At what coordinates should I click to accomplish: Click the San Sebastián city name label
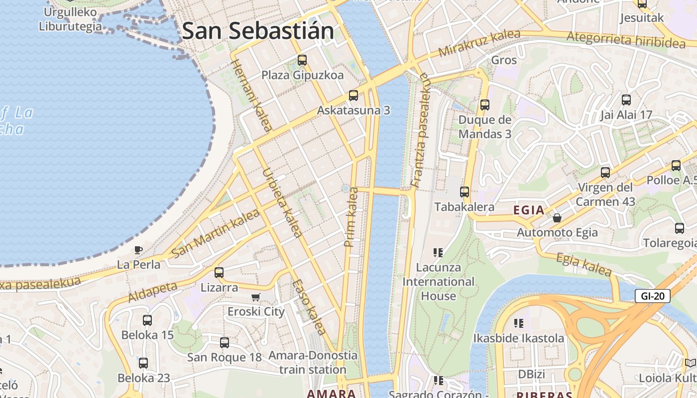pos(258,31)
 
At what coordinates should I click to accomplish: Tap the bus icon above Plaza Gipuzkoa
pos(302,60)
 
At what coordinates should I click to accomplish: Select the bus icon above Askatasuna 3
pos(353,95)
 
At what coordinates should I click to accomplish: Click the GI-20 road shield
pos(653,296)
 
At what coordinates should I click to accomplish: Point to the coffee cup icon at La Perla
pos(138,250)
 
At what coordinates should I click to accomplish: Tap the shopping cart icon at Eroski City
pos(256,297)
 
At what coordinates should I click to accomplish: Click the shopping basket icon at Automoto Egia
pos(557,218)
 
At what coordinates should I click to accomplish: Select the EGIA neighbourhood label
pos(529,210)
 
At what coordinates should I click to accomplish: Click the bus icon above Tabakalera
pos(465,192)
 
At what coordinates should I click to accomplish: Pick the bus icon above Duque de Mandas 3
pos(485,105)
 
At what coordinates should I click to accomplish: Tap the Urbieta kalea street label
pos(282,202)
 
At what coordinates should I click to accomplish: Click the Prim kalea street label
pos(351,217)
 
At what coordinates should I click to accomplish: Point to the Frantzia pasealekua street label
pos(419,130)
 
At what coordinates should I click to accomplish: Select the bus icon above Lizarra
pos(219,273)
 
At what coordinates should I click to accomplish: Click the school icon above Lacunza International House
pos(438,253)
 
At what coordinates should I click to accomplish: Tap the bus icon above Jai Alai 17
pos(626,100)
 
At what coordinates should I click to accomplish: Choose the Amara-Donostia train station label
pos(313,363)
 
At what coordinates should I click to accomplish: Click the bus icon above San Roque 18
pos(225,342)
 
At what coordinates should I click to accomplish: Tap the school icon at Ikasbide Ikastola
pos(519,323)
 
